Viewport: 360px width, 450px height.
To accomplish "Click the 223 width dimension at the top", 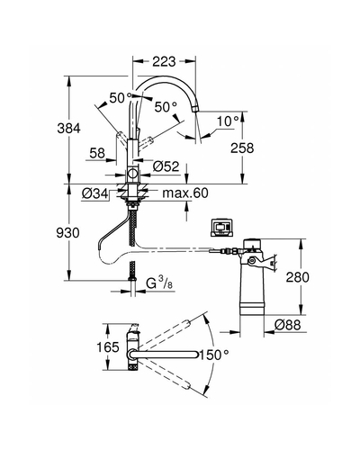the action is point(164,61).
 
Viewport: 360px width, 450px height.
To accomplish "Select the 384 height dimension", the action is point(69,129).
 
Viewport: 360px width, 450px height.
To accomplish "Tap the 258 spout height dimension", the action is point(242,148).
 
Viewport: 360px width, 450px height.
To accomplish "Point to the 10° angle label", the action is point(228,121).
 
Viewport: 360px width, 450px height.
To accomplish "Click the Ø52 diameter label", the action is point(166,166).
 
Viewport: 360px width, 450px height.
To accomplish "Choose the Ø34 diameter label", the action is point(95,193).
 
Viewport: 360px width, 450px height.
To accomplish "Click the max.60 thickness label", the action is point(185,193).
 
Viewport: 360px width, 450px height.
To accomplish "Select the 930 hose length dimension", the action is point(68,233).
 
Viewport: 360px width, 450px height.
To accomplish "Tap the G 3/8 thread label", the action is point(159,283).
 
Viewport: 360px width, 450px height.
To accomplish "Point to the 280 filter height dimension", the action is point(297,277).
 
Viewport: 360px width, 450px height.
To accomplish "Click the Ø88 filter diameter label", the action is point(287,325).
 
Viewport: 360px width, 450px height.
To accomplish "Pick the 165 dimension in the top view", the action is point(108,347).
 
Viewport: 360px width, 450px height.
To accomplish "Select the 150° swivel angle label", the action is point(214,355).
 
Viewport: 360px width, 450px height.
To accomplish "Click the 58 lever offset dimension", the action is point(97,154).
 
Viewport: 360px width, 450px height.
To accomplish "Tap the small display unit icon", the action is point(221,229).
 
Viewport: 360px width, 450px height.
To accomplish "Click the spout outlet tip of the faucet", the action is point(195,109).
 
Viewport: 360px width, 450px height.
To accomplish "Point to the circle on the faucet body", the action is point(132,174).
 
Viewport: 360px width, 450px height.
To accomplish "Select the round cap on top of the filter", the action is point(252,243).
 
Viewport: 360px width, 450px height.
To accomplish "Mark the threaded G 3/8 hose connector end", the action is point(132,278).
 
